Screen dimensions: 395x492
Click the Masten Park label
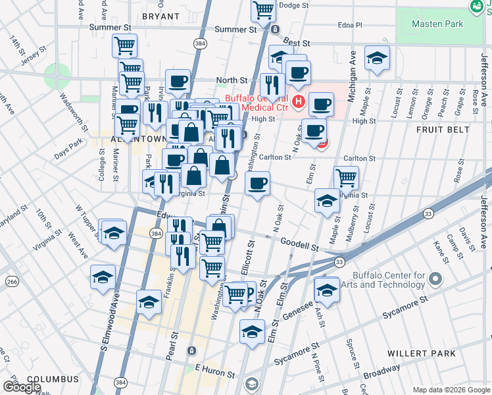tap(437, 24)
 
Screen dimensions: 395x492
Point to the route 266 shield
tap(12, 282)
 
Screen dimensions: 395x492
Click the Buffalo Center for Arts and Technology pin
tap(435, 280)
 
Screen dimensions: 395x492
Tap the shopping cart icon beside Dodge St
tap(264, 11)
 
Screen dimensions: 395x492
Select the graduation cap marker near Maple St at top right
tap(377, 58)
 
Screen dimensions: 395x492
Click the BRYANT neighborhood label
tap(160, 16)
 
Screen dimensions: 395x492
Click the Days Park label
tap(68, 147)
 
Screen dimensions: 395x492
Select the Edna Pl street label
tap(349, 25)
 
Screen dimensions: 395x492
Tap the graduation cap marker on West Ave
tap(103, 277)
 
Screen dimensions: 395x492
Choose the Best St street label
tap(297, 43)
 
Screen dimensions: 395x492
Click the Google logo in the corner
tap(22, 387)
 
